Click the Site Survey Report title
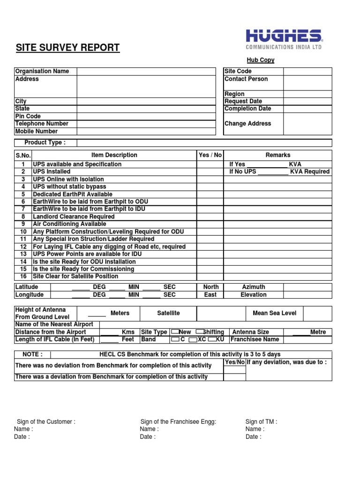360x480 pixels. pyautogui.click(x=68, y=48)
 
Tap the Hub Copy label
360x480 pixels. pyautogui.click(x=261, y=60)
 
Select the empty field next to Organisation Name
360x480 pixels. pyautogui.click(x=147, y=71)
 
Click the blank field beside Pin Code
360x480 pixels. pyautogui.click(x=147, y=116)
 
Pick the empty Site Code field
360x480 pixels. pyautogui.click(x=307, y=71)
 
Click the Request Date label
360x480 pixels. pyautogui.click(x=243, y=101)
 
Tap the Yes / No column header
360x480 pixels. pyautogui.click(x=210, y=155)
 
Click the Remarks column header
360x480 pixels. pyautogui.click(x=278, y=155)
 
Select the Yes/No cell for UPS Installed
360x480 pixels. pyautogui.click(x=210, y=172)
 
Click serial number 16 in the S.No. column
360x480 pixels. pyautogui.click(x=23, y=277)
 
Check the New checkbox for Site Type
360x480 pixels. pyautogui.click(x=175, y=332)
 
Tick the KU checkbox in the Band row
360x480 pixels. pyautogui.click(x=212, y=339)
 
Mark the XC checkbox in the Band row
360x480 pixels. pyautogui.click(x=192, y=339)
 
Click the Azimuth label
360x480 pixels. pyautogui.click(x=254, y=287)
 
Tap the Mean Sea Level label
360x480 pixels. pyautogui.click(x=274, y=313)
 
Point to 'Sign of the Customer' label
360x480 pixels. pyautogui.click(x=46, y=422)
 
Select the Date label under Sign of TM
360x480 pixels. pyautogui.click(x=253, y=437)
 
